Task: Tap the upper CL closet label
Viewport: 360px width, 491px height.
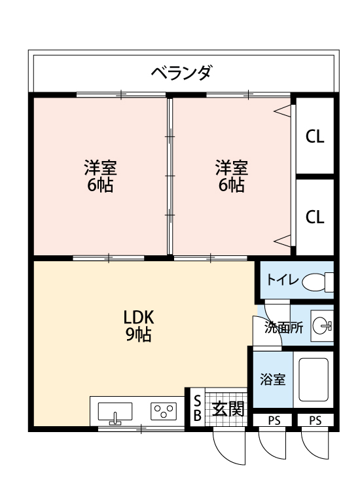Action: click(315, 137)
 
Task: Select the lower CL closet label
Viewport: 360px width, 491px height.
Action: click(315, 217)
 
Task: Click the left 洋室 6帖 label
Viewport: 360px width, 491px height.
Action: click(99, 176)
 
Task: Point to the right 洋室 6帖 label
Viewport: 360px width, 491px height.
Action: click(232, 176)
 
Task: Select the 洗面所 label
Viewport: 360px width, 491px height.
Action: click(283, 328)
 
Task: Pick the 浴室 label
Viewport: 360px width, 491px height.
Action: click(272, 379)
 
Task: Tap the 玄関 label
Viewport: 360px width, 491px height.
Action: click(228, 409)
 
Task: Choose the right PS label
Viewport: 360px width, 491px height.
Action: click(315, 420)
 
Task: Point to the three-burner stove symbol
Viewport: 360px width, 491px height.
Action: click(164, 411)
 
